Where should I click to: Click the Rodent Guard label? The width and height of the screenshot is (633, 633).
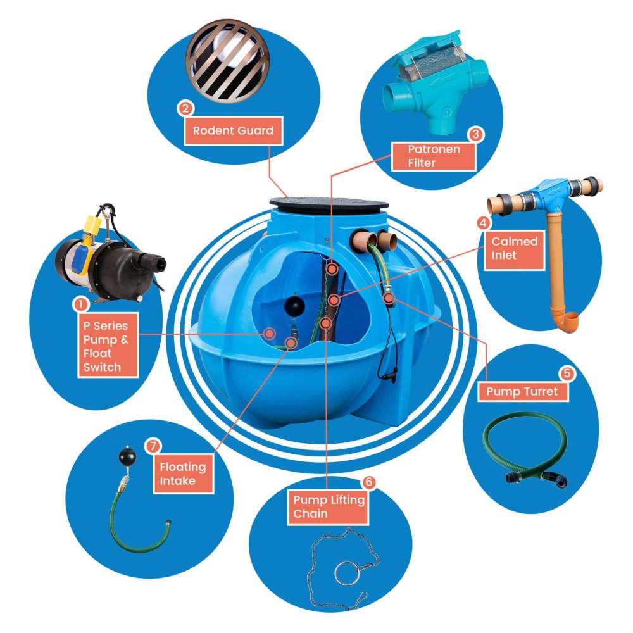tap(234, 131)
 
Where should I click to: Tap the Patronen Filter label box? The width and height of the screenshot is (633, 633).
tap(434, 156)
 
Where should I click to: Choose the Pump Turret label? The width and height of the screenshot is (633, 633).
tap(523, 391)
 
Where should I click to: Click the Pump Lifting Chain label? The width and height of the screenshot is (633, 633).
tap(328, 506)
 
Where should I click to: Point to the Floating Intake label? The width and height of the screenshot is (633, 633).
tap(184, 474)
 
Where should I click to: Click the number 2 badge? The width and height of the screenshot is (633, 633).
tap(185, 108)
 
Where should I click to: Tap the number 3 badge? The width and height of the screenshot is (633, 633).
tap(476, 134)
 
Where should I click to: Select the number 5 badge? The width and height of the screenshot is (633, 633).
tap(567, 373)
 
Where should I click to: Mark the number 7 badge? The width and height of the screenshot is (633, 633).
tap(153, 446)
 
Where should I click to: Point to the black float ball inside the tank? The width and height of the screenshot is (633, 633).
tap(294, 307)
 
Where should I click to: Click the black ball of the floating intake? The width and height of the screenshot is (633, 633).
tap(128, 456)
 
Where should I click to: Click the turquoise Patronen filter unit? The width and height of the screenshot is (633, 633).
tap(436, 81)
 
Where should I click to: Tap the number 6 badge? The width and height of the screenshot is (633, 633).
tap(368, 482)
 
